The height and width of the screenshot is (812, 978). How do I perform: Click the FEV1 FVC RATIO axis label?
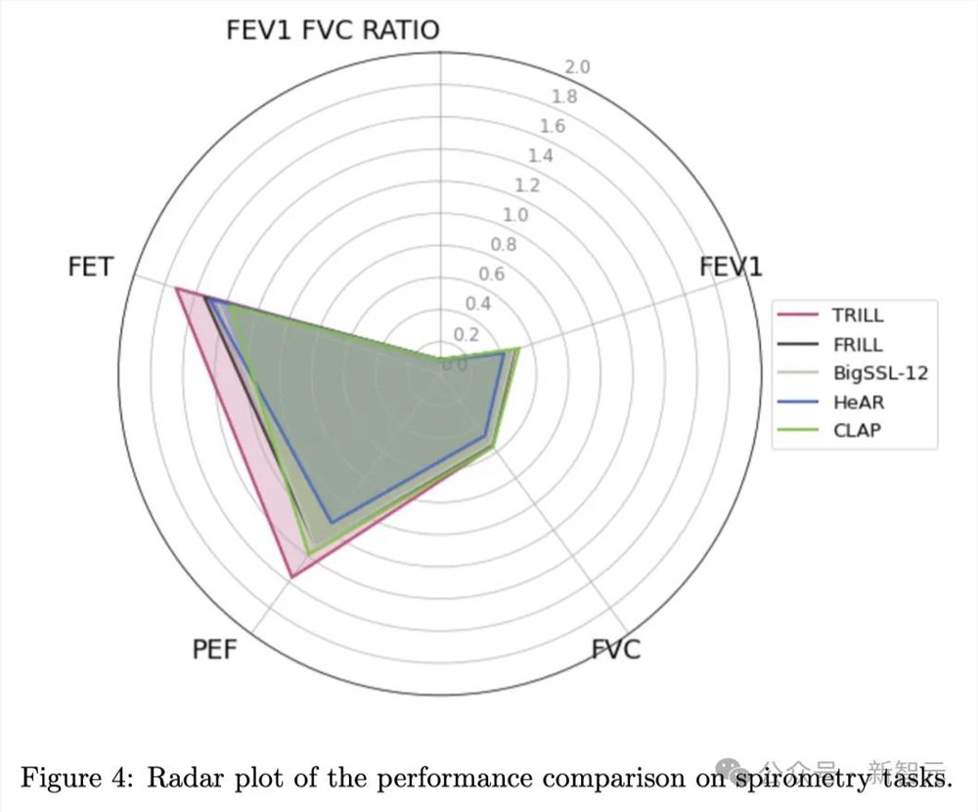[333, 29]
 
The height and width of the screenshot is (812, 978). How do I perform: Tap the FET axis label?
[90, 267]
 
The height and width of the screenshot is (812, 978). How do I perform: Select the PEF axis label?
[214, 648]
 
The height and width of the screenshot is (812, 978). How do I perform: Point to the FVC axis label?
[616, 649]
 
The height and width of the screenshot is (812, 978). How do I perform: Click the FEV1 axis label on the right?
[731, 267]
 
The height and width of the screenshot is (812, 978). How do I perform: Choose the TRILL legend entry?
[858, 316]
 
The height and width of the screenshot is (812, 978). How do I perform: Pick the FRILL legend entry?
[858, 344]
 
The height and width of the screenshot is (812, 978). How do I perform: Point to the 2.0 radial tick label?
[578, 67]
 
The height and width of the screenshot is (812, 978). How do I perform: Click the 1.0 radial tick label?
[515, 215]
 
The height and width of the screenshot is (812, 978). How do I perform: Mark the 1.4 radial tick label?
[540, 156]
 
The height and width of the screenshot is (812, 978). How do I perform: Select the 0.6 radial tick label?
[491, 274]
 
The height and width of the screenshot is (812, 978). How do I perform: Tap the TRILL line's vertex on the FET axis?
[176, 289]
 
